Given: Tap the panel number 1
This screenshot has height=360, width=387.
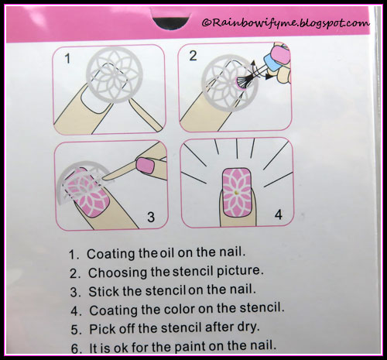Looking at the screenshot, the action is click(x=67, y=58).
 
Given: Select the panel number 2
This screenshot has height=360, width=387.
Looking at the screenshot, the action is click(x=193, y=56).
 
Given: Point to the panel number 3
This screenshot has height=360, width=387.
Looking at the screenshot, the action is click(x=151, y=217).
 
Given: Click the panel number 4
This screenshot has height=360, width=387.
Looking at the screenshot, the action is click(x=279, y=214).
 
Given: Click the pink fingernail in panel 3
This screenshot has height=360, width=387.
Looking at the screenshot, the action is click(x=146, y=165).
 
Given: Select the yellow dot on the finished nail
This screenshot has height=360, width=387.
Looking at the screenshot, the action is click(x=235, y=192).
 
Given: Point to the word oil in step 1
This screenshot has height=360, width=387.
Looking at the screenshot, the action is click(x=168, y=253).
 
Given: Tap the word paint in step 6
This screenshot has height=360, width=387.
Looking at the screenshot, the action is click(x=190, y=348).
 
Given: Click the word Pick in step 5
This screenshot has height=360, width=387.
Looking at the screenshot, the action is click(x=101, y=329).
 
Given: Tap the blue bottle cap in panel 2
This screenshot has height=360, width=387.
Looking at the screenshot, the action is click(x=272, y=62).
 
